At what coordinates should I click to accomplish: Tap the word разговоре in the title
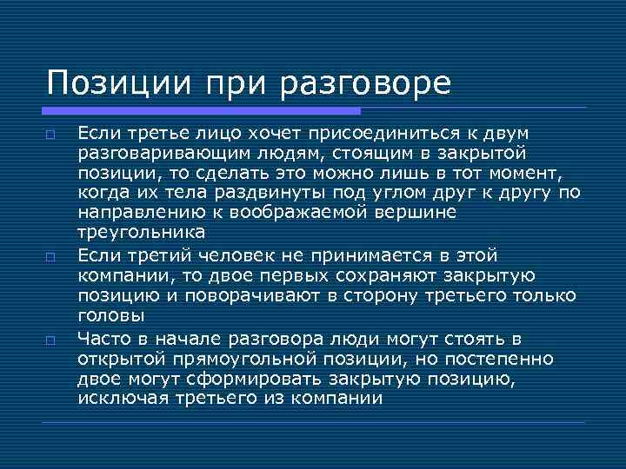(x=366, y=84)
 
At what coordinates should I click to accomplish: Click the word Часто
(x=103, y=338)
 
